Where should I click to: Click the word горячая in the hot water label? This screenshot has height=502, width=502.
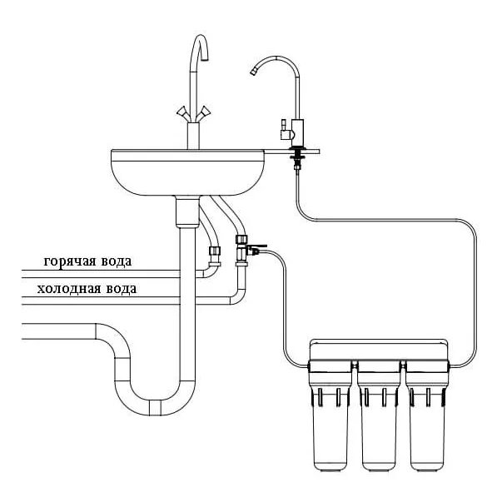coord(70,262)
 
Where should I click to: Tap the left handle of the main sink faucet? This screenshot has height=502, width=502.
coord(183,113)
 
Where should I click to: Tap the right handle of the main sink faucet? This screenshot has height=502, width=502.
coord(203,113)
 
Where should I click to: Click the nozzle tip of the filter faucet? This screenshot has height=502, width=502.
coord(253,72)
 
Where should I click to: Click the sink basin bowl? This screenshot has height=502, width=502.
coord(187,172)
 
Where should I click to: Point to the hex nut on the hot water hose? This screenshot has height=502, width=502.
coord(214,251)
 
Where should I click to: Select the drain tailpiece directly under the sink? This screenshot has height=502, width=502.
coord(187,212)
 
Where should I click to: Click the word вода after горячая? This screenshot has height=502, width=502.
coord(117,261)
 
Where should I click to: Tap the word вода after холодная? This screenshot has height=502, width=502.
coord(122,289)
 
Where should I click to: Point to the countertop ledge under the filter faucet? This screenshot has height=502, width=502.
coord(292,152)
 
